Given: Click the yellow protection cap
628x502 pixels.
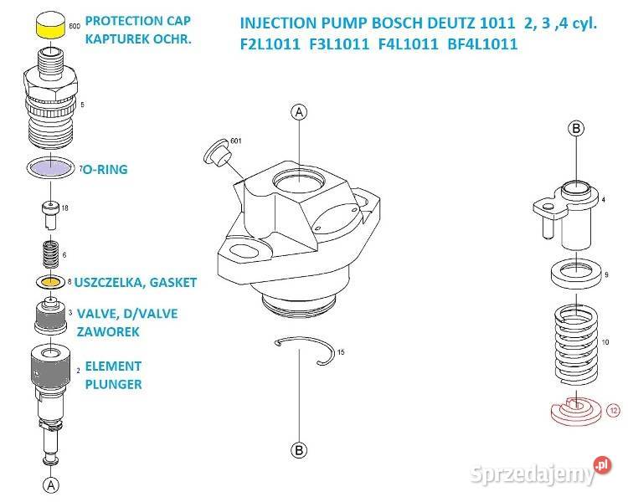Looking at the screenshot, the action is [x=50, y=25].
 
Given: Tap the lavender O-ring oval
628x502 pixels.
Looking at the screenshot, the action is [x=51, y=167].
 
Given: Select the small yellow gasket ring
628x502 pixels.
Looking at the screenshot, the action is [x=50, y=282].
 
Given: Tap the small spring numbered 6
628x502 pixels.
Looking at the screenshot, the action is [x=50, y=254].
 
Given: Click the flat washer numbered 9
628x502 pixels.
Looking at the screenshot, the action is [x=576, y=274].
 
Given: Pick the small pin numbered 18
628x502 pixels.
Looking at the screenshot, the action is [x=50, y=215].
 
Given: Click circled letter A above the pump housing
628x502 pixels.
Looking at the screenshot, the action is [x=299, y=112].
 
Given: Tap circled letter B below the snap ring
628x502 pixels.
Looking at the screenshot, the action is [x=299, y=450].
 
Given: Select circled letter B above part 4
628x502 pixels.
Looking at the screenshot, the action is [x=576, y=129].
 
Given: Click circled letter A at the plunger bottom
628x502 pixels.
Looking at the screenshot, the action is [x=51, y=485].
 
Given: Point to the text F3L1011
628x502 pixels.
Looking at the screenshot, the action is [x=339, y=44].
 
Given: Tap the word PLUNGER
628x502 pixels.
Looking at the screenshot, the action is [x=113, y=384].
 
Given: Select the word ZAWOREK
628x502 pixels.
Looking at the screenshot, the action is [x=108, y=332].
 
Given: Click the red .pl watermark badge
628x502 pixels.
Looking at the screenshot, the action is [x=602, y=465].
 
